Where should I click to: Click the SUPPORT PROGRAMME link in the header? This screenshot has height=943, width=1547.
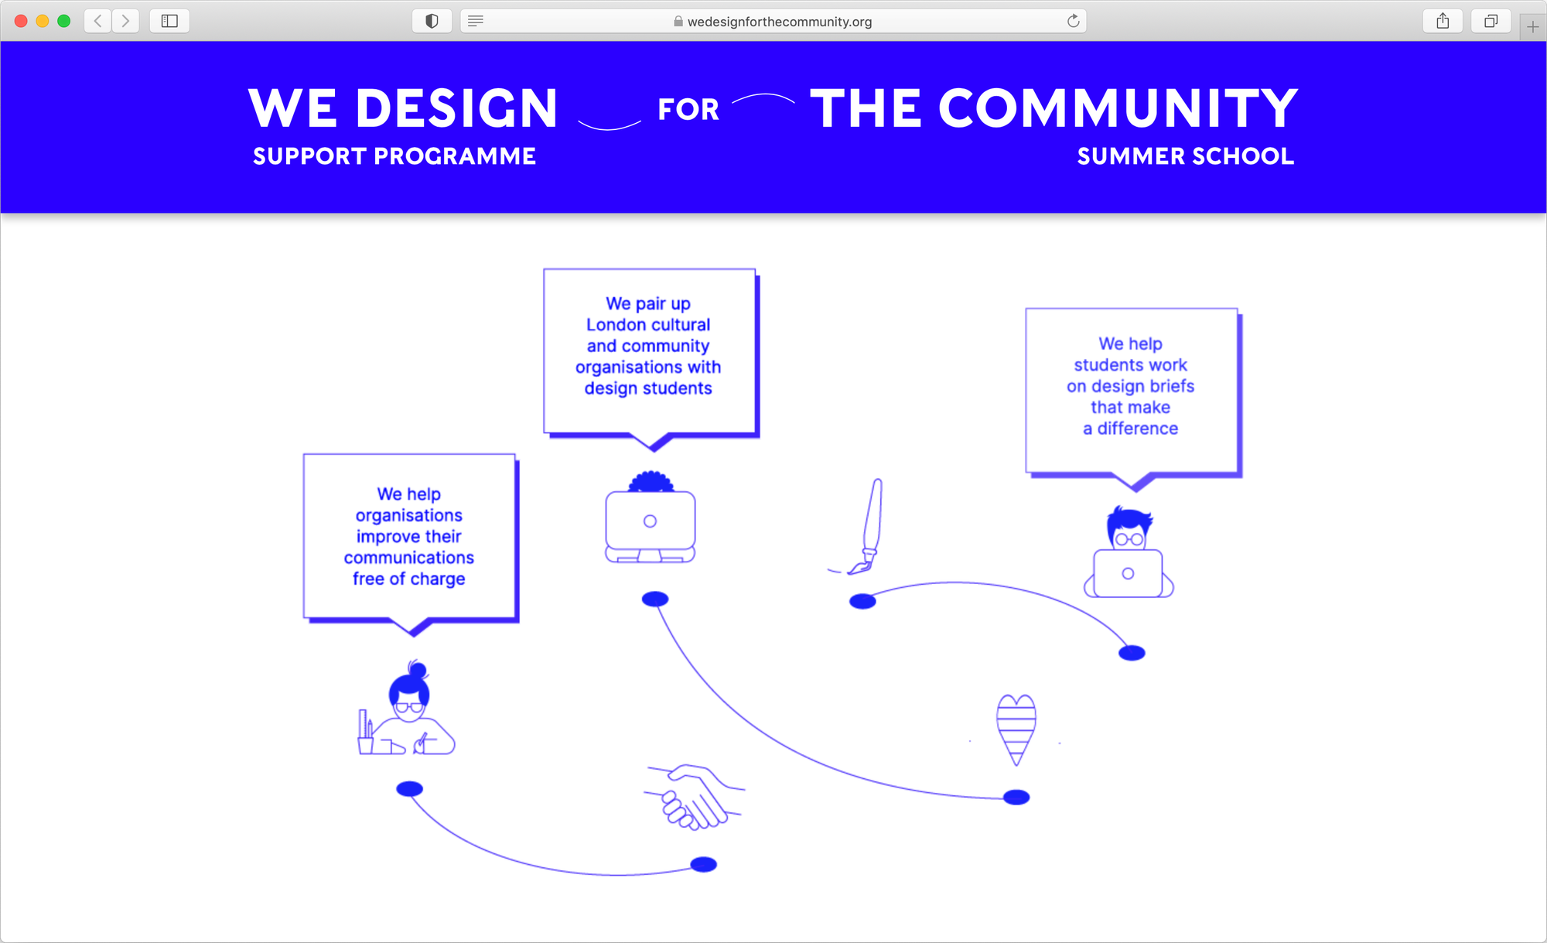tap(394, 156)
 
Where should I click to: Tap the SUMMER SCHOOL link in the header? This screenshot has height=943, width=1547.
tap(1185, 156)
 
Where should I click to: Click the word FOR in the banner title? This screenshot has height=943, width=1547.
tap(688, 109)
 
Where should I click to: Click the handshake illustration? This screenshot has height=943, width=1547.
tap(694, 797)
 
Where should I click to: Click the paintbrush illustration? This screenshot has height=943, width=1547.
tap(865, 527)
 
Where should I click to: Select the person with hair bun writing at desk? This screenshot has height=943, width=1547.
tap(406, 708)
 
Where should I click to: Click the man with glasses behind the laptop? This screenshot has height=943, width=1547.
tap(1129, 552)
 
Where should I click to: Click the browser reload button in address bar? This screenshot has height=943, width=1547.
tap(1074, 21)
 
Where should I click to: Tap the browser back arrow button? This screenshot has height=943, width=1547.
tap(98, 21)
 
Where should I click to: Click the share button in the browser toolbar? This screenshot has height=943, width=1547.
tap(1443, 21)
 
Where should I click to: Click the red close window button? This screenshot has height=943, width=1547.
tap(21, 21)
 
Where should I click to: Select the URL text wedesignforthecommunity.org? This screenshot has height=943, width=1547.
tap(780, 22)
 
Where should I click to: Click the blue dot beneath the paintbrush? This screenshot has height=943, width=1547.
tap(862, 601)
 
